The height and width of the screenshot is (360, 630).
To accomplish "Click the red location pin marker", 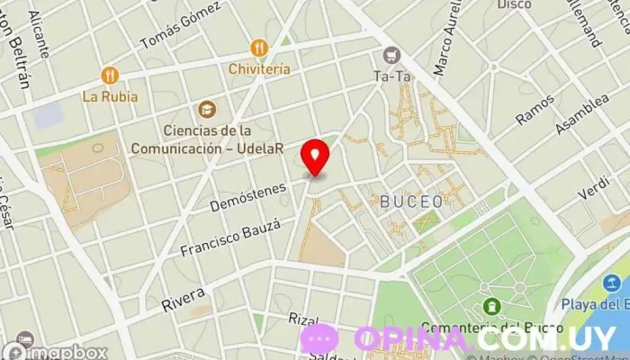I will point(315,157).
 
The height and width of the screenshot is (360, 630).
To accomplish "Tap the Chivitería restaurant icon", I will point(260,48).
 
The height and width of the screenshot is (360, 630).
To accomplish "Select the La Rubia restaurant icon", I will point(110,76).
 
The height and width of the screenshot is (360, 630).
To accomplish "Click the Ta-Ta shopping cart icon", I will point(391,55).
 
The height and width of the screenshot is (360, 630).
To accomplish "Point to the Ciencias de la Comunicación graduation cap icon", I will point(208,109).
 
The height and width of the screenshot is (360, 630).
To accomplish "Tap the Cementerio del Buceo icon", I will point(491,307).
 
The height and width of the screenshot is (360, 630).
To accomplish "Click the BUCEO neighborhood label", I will point(411,201).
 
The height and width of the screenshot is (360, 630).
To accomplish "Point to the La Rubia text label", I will point(110,95).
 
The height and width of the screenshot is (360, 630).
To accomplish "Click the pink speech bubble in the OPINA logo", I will point(319,339).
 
